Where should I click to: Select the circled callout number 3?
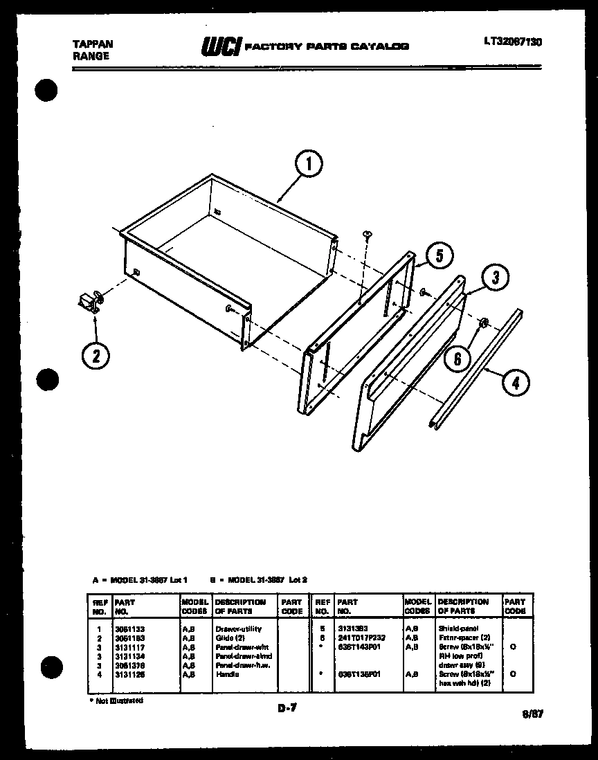494,278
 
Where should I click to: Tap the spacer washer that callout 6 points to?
484,322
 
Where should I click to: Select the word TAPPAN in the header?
93,44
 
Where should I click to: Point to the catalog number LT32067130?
513,42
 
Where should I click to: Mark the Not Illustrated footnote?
116,700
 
